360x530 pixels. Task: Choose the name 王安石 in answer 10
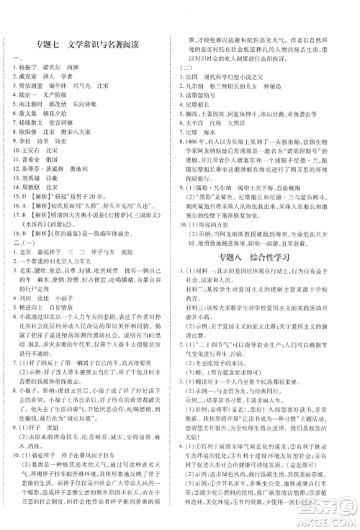coord(28,174)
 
